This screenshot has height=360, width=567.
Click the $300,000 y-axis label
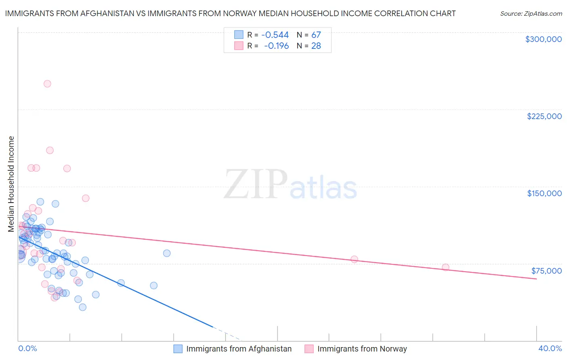[543, 39]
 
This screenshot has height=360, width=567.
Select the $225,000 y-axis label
[544, 116]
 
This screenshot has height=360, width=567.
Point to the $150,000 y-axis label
[544, 193]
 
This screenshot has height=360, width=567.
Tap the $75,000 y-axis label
[546, 271]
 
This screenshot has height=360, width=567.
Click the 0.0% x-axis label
[27, 348]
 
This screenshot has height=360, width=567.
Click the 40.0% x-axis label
[550, 348]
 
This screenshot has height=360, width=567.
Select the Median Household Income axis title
[11, 184]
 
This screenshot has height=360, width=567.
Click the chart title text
[230, 13]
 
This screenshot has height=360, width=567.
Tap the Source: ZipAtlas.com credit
[531, 13]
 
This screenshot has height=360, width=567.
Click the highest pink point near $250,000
[47, 84]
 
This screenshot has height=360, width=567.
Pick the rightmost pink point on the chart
[446, 267]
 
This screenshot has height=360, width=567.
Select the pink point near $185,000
[50, 150]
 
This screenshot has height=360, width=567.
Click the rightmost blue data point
[167, 253]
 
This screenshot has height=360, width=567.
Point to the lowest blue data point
[83, 307]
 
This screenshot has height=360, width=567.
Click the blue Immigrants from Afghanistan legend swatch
[178, 349]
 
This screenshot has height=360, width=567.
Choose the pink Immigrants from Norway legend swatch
[309, 349]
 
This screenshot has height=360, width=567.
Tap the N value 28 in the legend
[316, 46]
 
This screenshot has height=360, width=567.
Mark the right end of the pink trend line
[536, 279]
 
